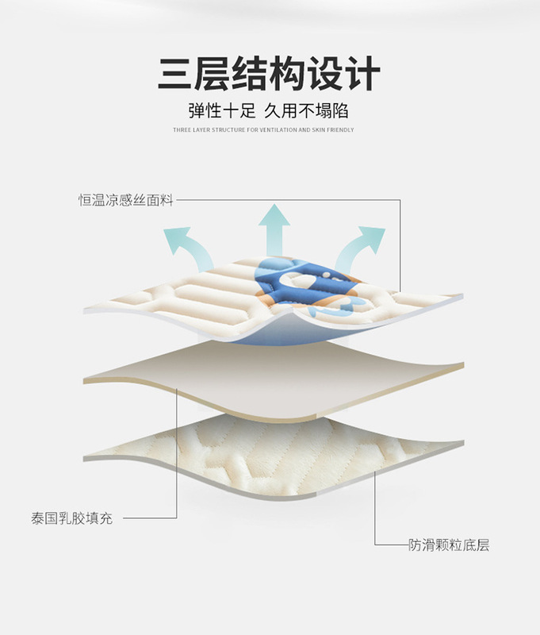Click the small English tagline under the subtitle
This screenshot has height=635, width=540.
click(263, 129)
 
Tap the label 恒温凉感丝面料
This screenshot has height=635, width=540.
click(125, 200)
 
